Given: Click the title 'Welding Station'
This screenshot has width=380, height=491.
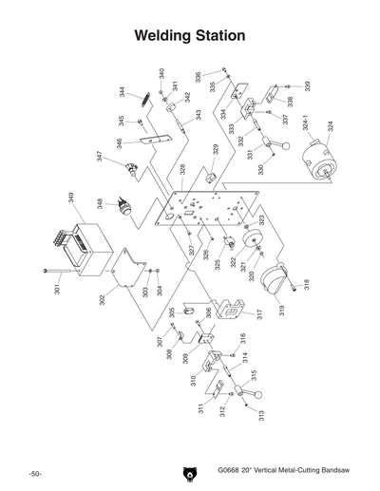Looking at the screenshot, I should tap(190, 36).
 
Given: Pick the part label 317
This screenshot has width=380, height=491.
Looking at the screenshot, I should tap(257, 313).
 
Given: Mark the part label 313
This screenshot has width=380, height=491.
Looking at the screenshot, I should tap(261, 414).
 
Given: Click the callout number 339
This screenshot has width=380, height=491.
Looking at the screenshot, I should tap(307, 87).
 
